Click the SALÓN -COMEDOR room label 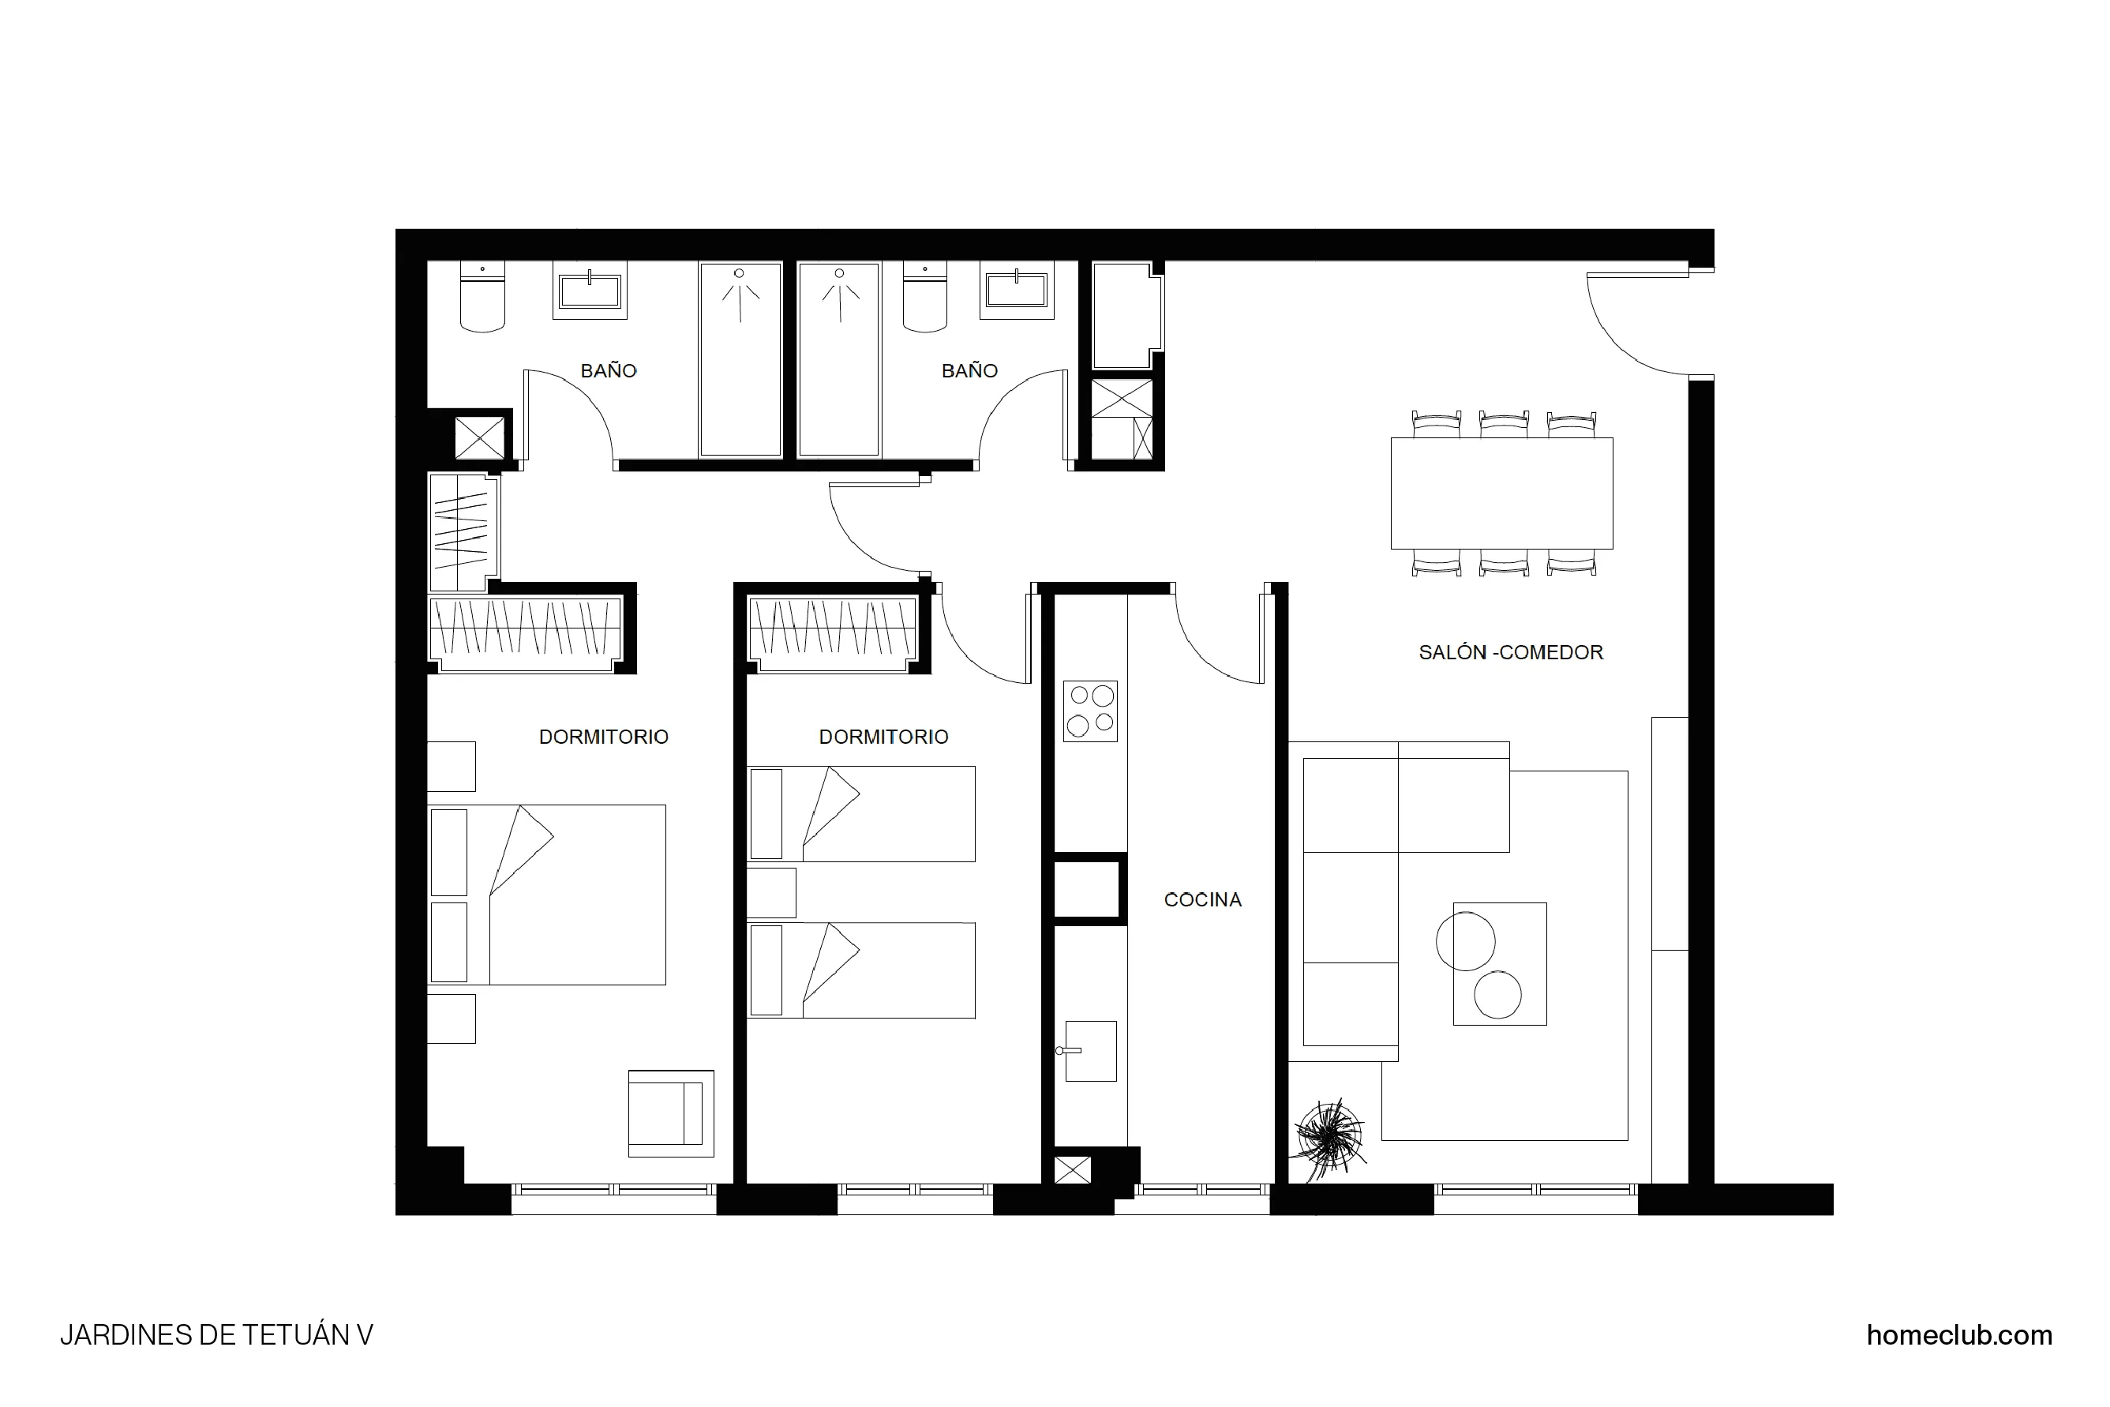coord(1510,652)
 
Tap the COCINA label coord(1202,899)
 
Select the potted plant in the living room coord(1329,1138)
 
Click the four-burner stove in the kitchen coord(1090,710)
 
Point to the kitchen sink coord(1089,1050)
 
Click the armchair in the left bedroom coord(670,1112)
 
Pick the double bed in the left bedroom coord(547,894)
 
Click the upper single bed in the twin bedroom coord(861,813)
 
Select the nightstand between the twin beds coord(771,892)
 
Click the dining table coord(1501,493)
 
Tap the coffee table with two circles coord(1499,962)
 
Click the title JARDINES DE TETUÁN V coord(216,1334)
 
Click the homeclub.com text coord(1958,1334)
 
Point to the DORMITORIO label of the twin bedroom coord(883,737)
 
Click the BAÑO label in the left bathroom coord(609,370)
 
